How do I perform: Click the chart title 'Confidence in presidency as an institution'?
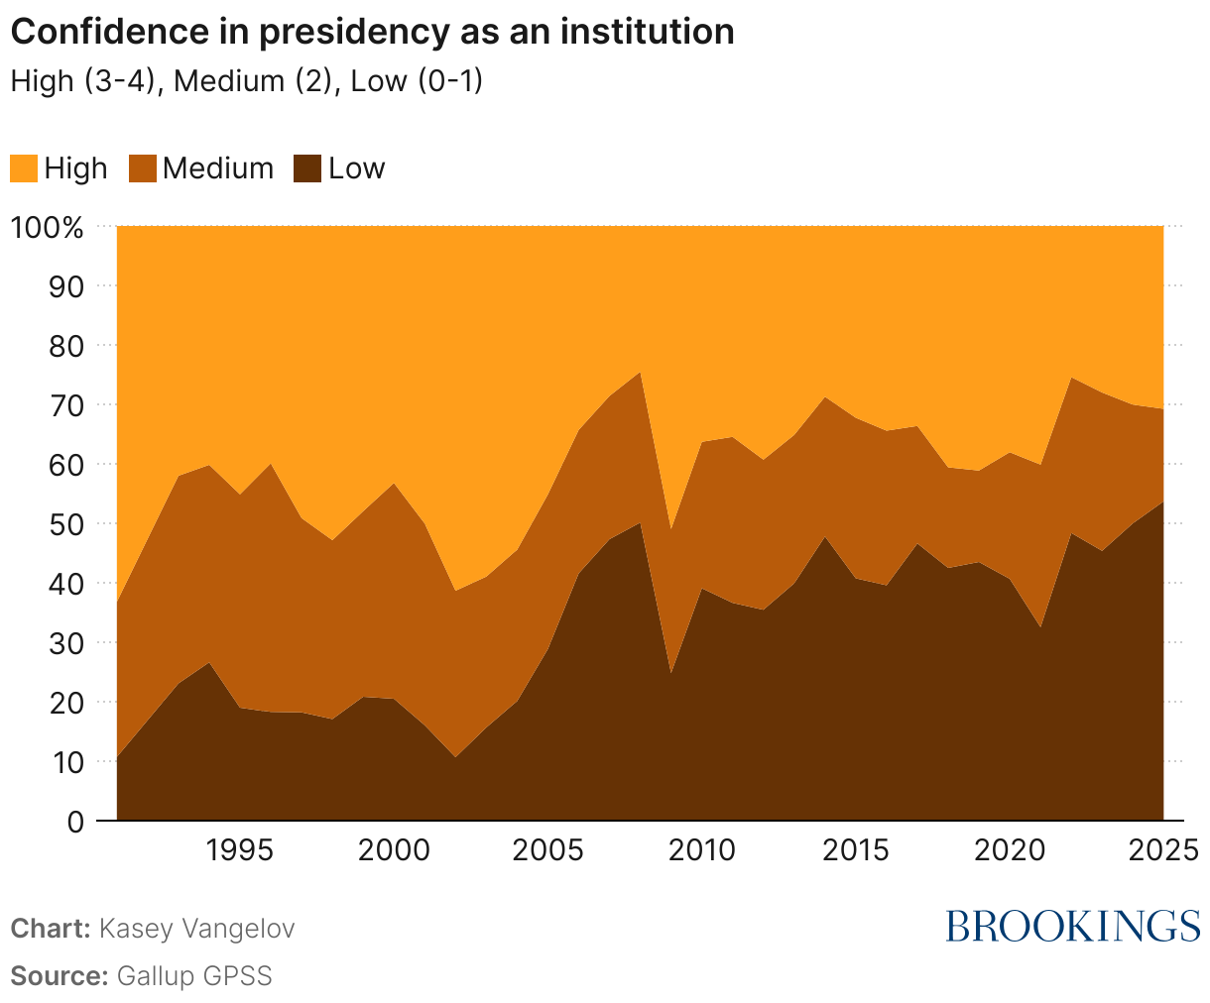[372, 32]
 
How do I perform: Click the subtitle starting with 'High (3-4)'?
[246, 81]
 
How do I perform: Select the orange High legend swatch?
[24, 168]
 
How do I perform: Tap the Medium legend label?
[217, 168]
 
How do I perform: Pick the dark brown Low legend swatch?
[308, 168]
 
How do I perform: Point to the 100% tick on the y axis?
[48, 227]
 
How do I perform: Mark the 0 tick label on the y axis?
[74, 821]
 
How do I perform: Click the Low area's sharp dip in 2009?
[671, 673]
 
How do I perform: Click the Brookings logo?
[1072, 926]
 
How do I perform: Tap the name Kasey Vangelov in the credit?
[197, 929]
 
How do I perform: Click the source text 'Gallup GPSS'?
[194, 975]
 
